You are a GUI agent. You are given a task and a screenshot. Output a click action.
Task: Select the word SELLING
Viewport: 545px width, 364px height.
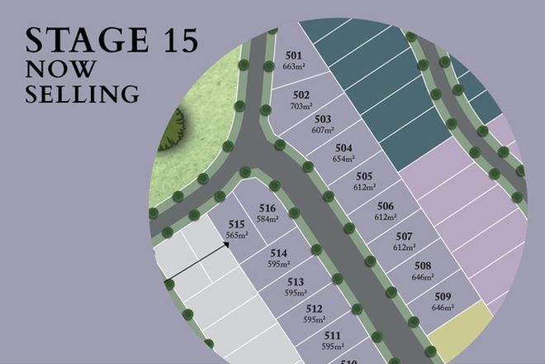pos(82,94)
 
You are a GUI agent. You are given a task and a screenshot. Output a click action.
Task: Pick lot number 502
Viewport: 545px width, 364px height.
pos(301,95)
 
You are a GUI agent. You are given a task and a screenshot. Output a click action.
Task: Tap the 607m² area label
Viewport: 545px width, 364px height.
pos(323,130)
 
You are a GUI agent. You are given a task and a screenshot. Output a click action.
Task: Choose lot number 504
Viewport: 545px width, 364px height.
pos(344,149)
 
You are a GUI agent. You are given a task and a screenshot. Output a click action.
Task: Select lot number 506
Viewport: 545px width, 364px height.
pos(385,207)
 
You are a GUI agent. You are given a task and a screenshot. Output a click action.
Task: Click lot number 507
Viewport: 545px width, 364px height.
pos(404,237)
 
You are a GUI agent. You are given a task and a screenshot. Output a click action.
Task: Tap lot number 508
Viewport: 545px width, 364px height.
pos(423,266)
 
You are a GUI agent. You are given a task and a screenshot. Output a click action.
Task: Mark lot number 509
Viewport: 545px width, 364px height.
pos(443,296)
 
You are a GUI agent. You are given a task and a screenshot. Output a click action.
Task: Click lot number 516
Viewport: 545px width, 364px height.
pos(266,208)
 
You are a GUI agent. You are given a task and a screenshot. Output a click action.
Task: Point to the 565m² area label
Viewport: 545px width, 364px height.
pos(237,236)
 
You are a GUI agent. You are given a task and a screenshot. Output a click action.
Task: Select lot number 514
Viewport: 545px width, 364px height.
pos(278,253)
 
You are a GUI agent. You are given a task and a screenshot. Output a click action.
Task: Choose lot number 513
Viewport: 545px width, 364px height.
pos(296,282)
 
